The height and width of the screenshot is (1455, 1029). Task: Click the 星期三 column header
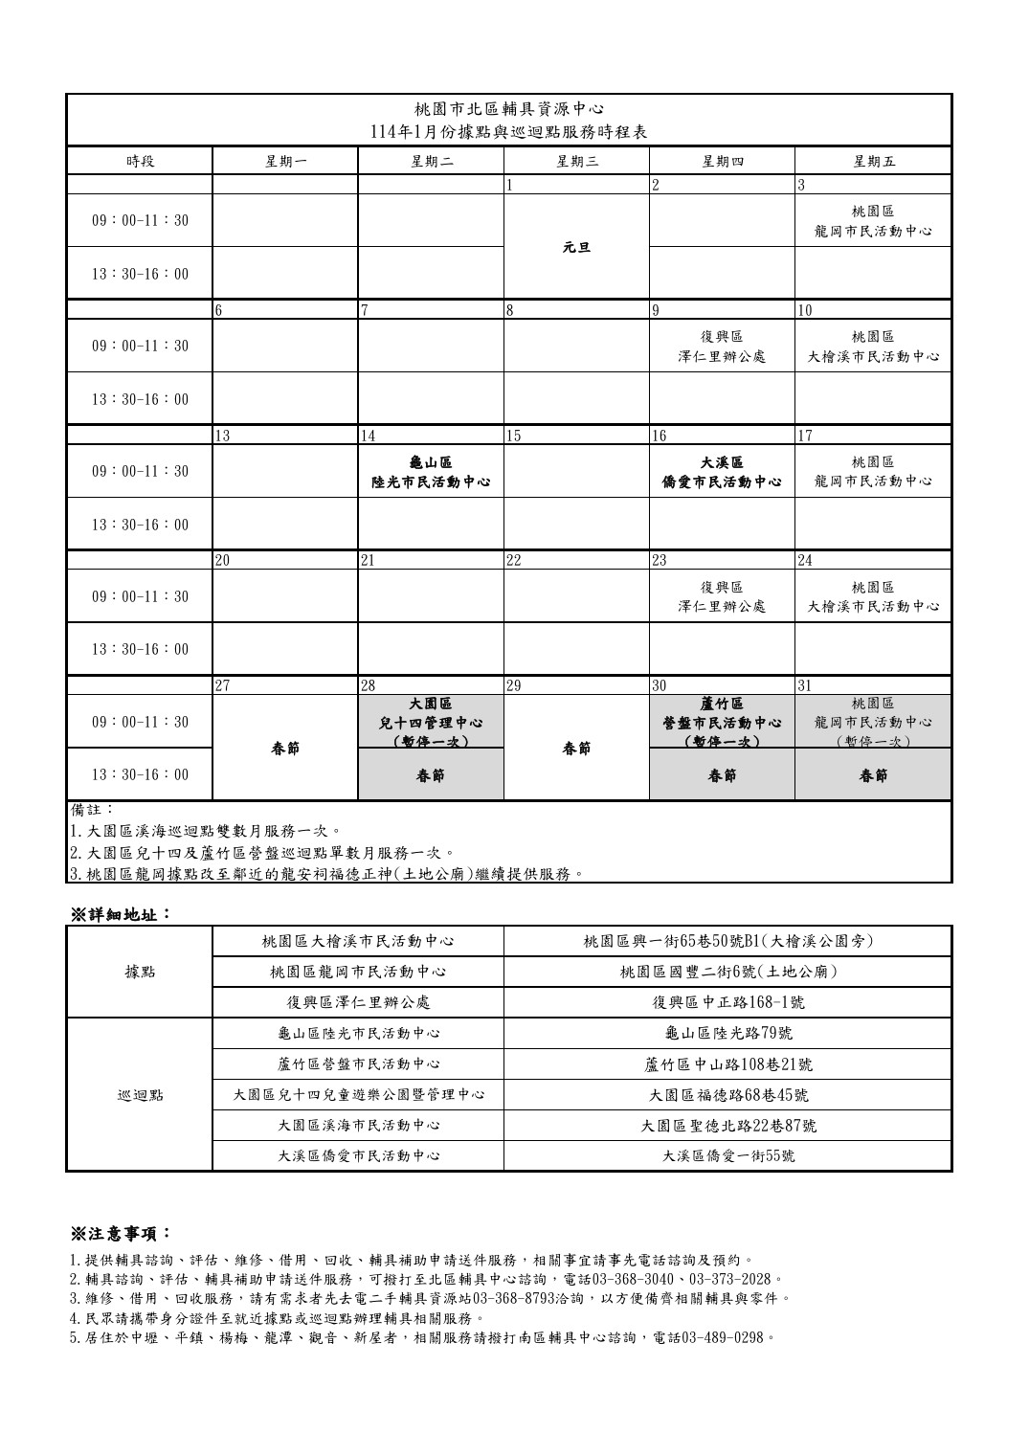pos(576,161)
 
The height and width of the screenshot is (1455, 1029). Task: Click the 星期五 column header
pos(873,161)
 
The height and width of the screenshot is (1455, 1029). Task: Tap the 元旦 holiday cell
pos(576,247)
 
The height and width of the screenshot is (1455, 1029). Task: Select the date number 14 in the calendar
pos(368,436)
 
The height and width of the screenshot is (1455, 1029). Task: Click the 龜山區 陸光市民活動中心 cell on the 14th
pos(431,471)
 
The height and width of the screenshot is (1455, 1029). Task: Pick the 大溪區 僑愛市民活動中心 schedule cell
pos(722,471)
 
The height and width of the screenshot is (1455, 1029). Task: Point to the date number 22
pos(513,561)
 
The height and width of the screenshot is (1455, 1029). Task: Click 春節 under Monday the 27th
pos(285,748)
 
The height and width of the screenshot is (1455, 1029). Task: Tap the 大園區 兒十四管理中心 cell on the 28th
pos(431,722)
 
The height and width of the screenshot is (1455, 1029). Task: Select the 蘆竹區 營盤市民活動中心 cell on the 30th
pos(722,722)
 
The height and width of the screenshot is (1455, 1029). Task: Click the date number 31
pos(805,685)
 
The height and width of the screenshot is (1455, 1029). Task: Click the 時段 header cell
pos(140,161)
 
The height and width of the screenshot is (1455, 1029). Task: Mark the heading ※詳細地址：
pos(121,913)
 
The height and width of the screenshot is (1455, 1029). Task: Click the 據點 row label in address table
pos(140,972)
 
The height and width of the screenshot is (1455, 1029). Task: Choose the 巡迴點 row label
pos(140,1094)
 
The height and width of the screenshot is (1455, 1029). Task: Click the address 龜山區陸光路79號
pos(727,1033)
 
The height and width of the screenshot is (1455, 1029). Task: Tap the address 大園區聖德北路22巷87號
pos(727,1125)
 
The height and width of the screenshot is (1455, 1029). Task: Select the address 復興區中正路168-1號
pos(727,1002)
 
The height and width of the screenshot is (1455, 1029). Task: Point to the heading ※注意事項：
pos(121,1232)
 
